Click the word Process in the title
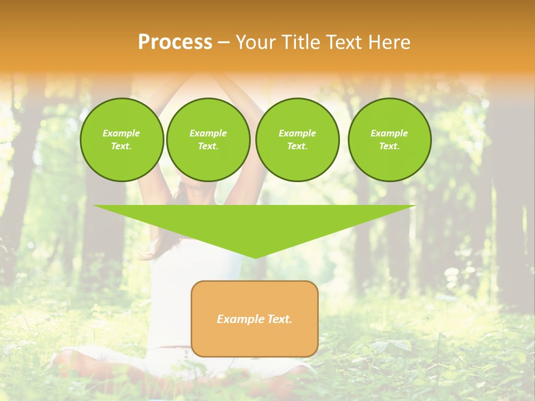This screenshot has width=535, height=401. (x=175, y=42)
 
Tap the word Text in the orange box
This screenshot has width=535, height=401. (x=280, y=319)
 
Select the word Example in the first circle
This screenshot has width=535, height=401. (x=121, y=134)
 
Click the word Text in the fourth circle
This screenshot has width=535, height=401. (x=389, y=146)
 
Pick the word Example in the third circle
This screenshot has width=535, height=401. (x=297, y=134)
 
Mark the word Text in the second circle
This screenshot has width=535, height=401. (x=208, y=146)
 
